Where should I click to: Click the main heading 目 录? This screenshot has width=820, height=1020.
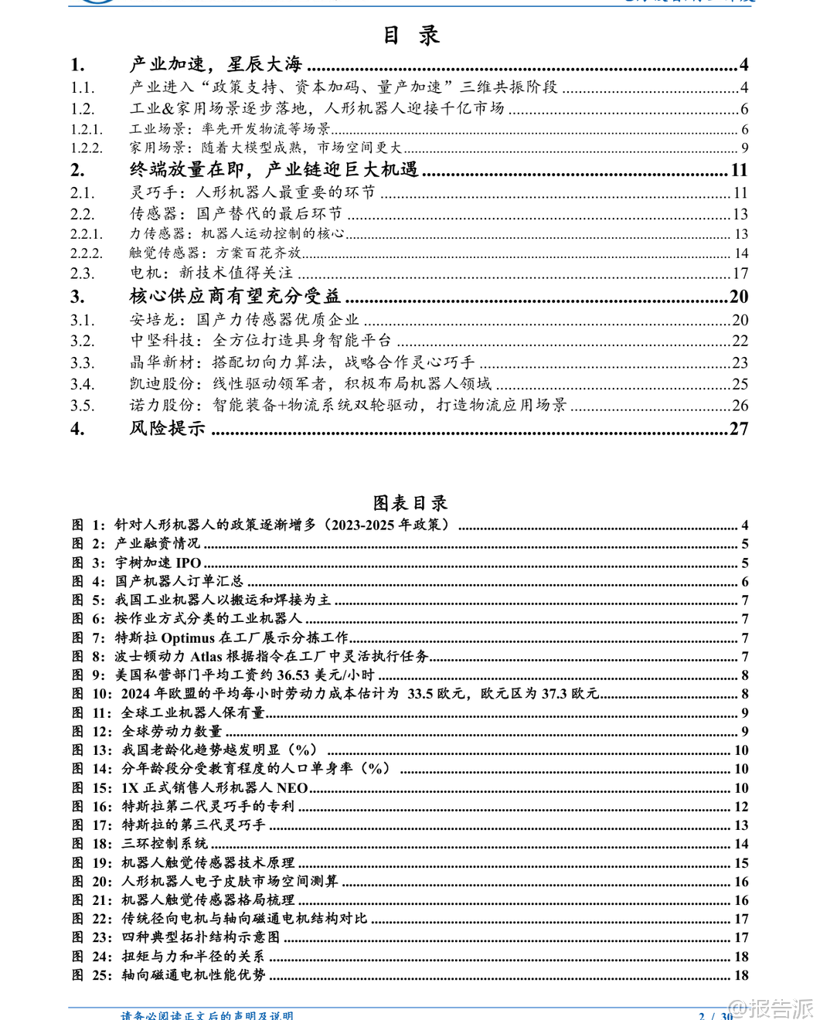410,36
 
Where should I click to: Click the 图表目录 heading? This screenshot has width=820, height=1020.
410,503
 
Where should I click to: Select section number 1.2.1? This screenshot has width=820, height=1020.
87,129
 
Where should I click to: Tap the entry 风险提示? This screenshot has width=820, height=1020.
167,428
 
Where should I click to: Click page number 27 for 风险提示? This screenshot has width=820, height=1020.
739,429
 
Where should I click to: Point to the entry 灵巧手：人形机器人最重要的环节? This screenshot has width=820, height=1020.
252,192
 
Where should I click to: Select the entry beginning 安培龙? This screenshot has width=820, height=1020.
244,319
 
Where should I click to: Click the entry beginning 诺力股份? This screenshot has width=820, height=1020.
348,405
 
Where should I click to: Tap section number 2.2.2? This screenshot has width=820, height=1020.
87,253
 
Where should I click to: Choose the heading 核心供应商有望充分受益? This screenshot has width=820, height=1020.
235,296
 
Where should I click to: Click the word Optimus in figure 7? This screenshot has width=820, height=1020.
188,637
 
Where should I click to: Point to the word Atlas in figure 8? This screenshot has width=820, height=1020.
206,656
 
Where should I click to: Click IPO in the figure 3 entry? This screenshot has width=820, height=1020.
189,563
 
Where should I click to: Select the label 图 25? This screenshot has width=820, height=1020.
92,975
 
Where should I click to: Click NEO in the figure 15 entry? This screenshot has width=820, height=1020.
292,787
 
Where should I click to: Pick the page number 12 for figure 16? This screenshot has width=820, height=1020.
741,806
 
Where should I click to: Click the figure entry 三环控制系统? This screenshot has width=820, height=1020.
165,843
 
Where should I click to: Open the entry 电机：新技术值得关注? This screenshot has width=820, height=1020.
211,273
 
